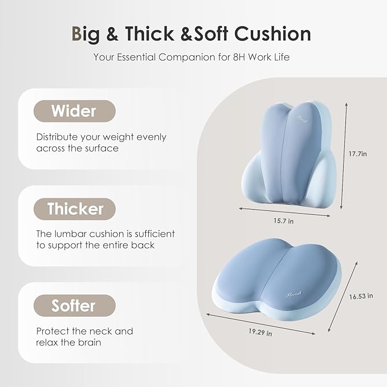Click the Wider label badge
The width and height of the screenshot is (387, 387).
click(74, 111)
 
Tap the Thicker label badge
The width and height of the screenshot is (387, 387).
click(74, 209)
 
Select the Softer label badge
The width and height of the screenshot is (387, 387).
click(74, 305)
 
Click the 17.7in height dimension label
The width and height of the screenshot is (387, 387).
click(363, 154)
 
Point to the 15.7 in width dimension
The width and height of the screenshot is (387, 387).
click(283, 221)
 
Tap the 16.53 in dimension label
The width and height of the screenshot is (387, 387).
click(361, 296)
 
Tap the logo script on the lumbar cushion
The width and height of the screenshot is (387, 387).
click(302, 118)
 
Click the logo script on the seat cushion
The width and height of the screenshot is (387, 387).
click(292, 295)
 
